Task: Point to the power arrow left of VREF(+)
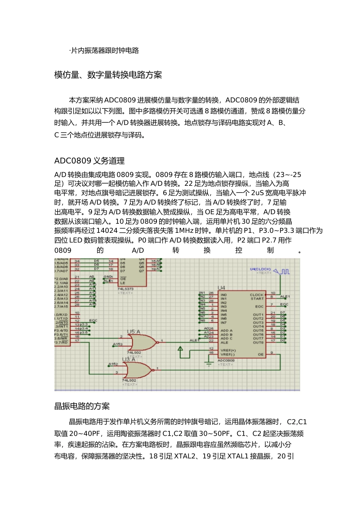(x=180, y=349)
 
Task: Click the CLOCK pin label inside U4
(x=257, y=295)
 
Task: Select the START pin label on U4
(x=257, y=299)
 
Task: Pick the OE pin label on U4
(x=260, y=355)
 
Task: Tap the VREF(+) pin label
(x=228, y=350)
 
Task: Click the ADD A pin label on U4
(x=227, y=330)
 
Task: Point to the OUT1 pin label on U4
(x=258, y=315)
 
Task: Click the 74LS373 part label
(x=125, y=289)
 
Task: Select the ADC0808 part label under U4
(x=226, y=361)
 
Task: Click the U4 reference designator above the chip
(x=221, y=288)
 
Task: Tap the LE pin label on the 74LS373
(x=123, y=283)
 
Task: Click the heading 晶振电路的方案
(x=82, y=406)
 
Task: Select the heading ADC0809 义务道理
(x=89, y=161)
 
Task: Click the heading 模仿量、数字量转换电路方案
(x=108, y=75)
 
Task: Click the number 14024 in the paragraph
(x=107, y=231)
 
